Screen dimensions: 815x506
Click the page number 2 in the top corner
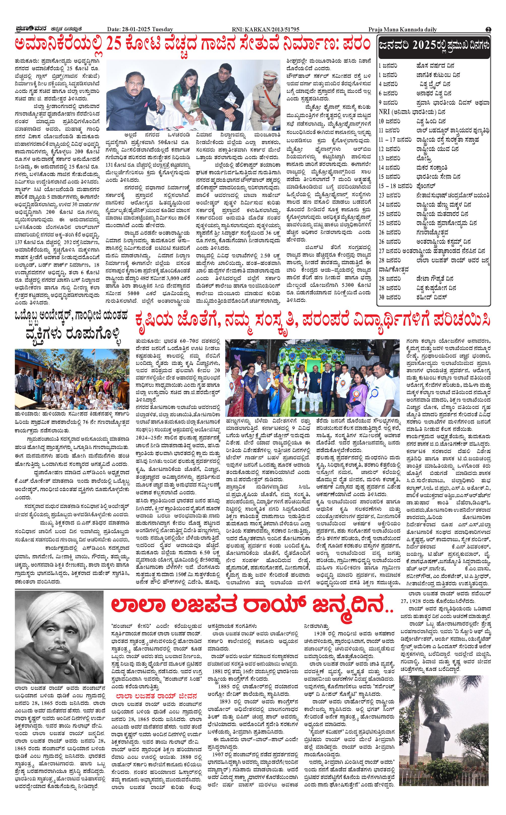(488, 29)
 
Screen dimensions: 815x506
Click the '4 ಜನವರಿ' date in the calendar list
(388, 84)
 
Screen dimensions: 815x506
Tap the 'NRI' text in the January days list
(384, 112)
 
